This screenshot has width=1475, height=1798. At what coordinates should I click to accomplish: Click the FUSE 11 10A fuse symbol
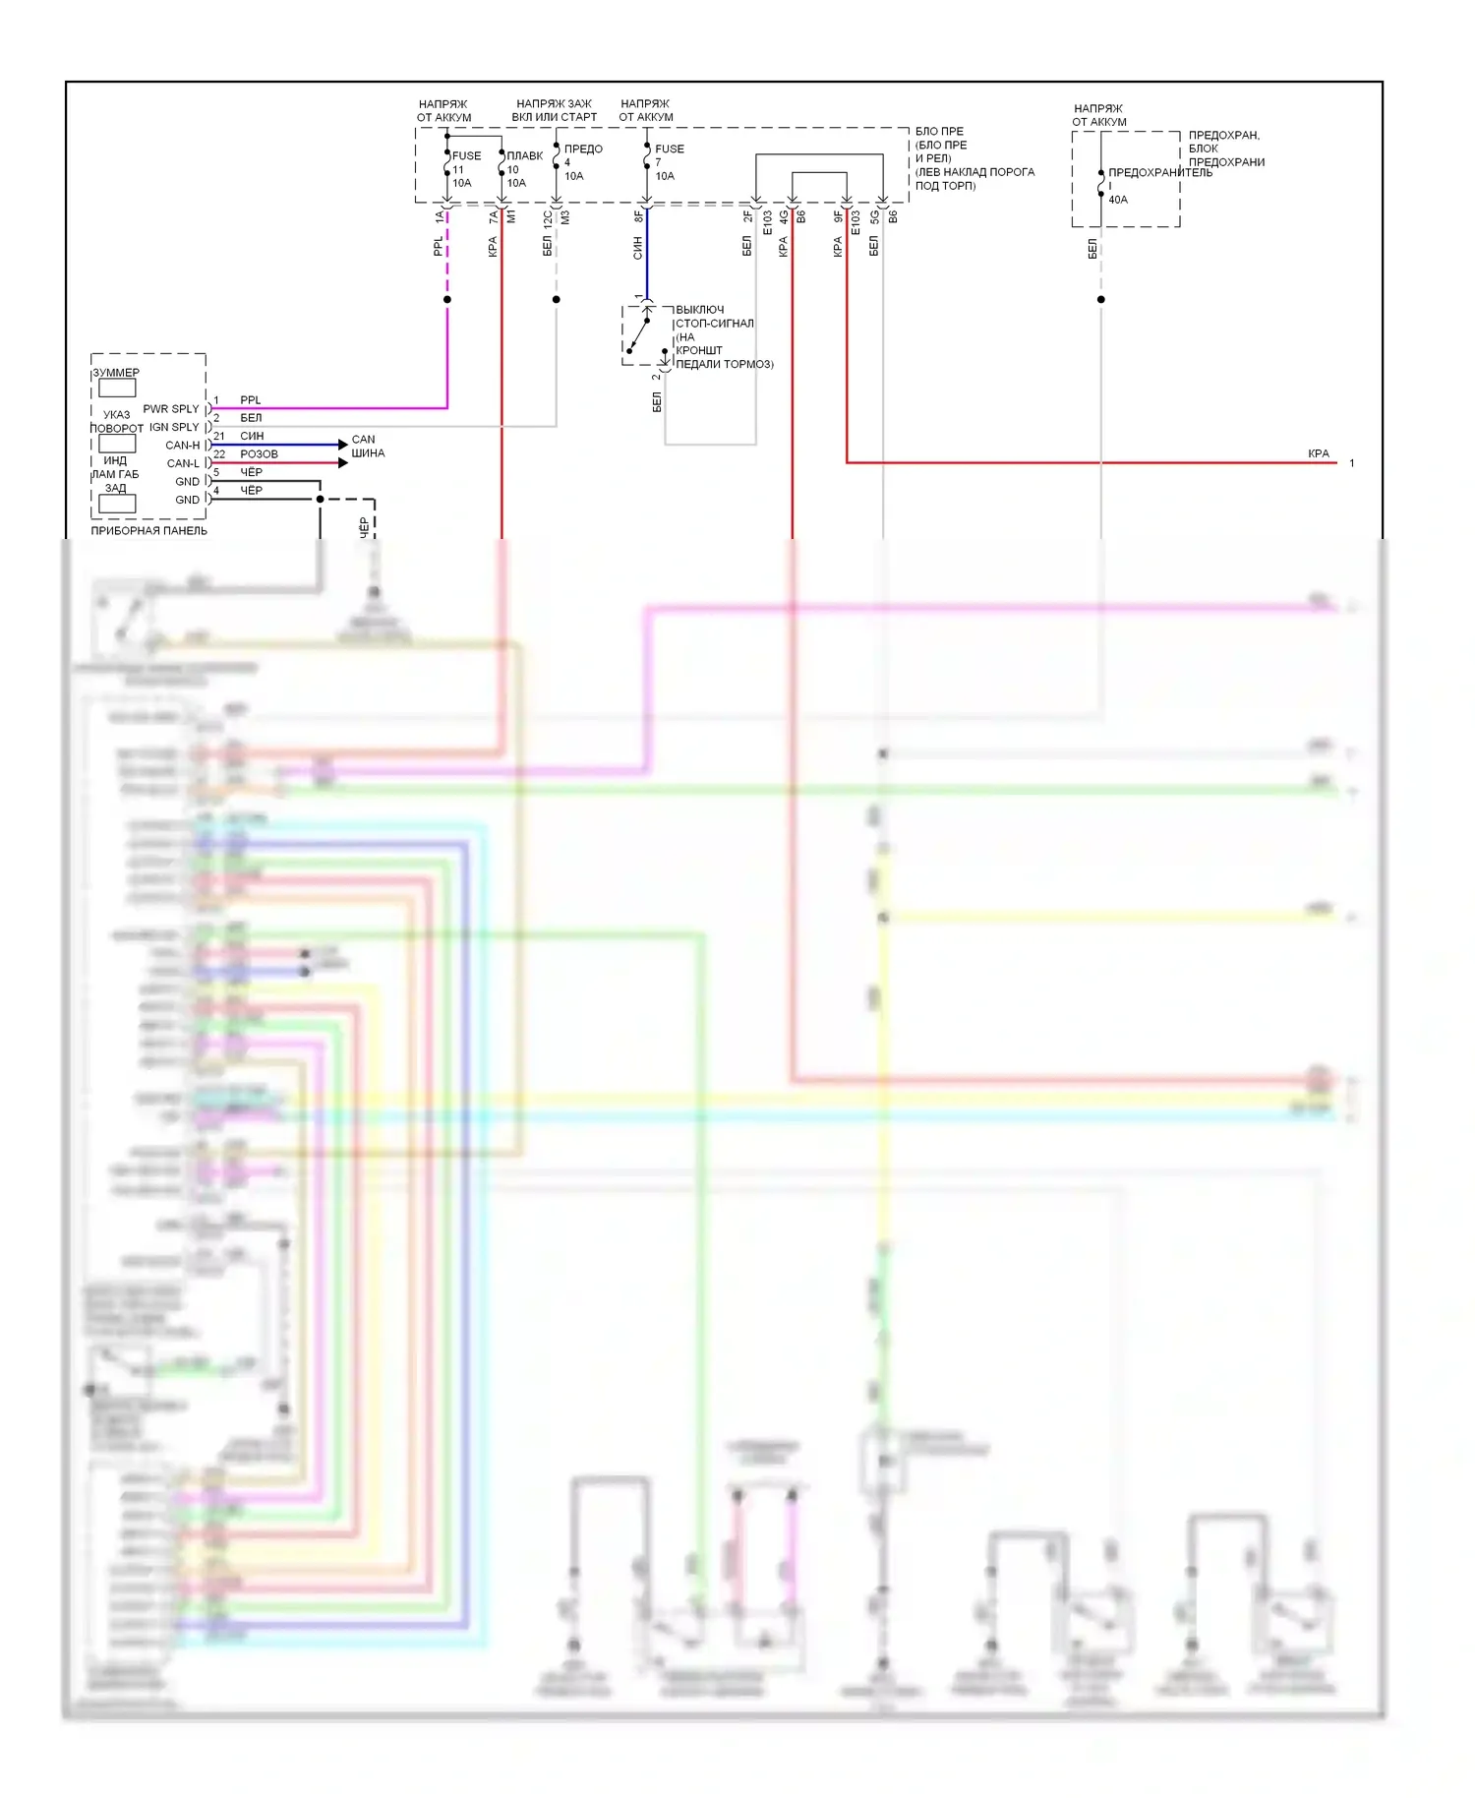[x=447, y=168]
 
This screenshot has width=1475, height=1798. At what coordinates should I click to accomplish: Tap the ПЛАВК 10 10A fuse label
[x=523, y=169]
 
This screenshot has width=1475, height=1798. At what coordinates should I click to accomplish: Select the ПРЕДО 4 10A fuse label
[x=581, y=162]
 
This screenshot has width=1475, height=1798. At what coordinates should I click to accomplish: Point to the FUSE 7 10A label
[x=668, y=162]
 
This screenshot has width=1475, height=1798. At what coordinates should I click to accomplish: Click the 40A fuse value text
[x=1118, y=200]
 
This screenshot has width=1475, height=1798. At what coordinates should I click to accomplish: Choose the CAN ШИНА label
[x=367, y=447]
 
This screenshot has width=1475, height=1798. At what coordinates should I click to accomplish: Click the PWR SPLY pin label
[x=171, y=409]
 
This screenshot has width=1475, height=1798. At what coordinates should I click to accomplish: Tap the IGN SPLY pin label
[x=174, y=427]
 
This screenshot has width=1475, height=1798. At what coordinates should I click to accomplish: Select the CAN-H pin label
[x=183, y=446]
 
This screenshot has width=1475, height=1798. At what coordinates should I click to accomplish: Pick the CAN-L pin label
[x=183, y=463]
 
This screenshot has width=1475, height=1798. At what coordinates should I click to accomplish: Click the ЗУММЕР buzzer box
[x=117, y=388]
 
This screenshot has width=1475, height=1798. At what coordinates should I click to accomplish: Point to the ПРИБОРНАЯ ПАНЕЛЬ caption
[x=149, y=531]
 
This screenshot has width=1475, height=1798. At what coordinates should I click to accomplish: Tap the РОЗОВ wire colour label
[x=259, y=454]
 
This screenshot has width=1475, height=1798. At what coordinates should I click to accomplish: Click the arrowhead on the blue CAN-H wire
[x=342, y=445]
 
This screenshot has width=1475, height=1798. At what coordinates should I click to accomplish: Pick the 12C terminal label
[x=548, y=218]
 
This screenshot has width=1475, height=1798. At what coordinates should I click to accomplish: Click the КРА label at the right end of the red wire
[x=1319, y=454]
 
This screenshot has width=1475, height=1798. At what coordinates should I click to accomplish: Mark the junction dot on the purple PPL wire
[x=447, y=299]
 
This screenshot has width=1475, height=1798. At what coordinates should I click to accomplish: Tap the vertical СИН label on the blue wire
[x=637, y=248]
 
